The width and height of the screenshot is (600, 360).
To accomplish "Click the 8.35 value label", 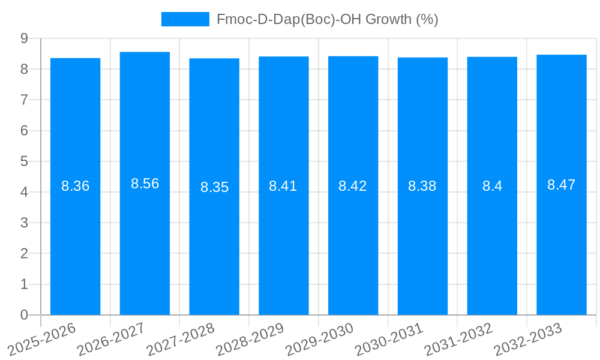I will [214, 187].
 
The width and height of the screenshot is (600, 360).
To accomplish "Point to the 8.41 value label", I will [283, 186].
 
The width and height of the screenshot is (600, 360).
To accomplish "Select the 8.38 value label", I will [422, 186].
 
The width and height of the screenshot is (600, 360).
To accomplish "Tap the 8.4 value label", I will [492, 186].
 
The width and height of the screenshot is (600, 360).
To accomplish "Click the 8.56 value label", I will [145, 184].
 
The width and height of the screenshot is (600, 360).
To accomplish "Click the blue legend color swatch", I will [185, 19].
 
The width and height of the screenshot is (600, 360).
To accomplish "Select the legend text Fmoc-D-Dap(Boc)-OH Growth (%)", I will [327, 19].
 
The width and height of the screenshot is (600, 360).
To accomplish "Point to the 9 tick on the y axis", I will [24, 38].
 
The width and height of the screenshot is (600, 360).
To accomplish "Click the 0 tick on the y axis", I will [24, 315].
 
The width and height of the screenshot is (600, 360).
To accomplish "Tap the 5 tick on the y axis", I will [24, 161].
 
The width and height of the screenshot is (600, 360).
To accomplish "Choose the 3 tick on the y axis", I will [24, 223].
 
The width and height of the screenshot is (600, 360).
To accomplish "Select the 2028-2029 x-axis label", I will [250, 339].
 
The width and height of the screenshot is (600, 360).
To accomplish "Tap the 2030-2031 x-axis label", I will [389, 339].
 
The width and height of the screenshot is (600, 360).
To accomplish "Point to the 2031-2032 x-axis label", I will [459, 339].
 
